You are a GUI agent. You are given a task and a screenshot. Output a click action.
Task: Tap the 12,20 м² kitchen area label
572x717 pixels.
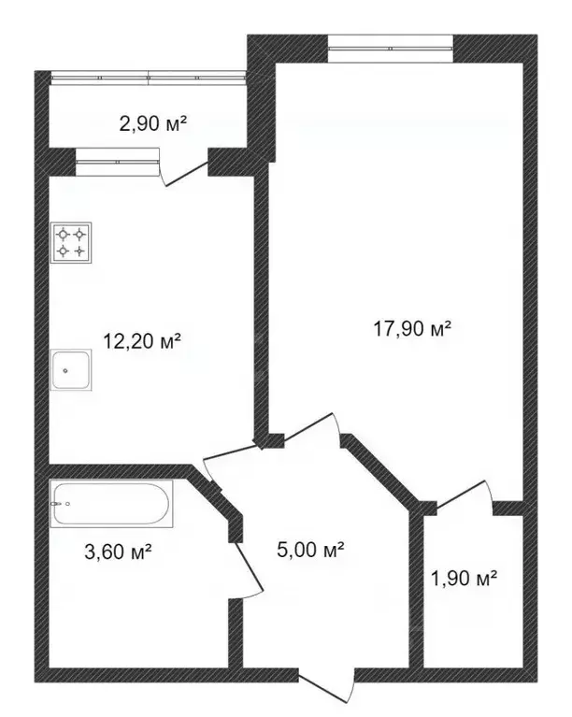pyautogui.click(x=141, y=341)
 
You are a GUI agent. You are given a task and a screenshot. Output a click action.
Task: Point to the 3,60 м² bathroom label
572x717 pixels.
pyautogui.click(x=118, y=551)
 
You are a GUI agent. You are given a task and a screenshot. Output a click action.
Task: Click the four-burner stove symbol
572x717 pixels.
pyautogui.click(x=72, y=243)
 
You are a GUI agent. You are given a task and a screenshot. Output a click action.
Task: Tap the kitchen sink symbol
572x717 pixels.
pyautogui.click(x=72, y=370)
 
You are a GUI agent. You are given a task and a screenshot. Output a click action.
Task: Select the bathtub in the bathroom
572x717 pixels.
pyautogui.click(x=111, y=505)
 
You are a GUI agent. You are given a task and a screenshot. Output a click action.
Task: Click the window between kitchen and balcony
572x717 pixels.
pyautogui.click(x=118, y=164)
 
